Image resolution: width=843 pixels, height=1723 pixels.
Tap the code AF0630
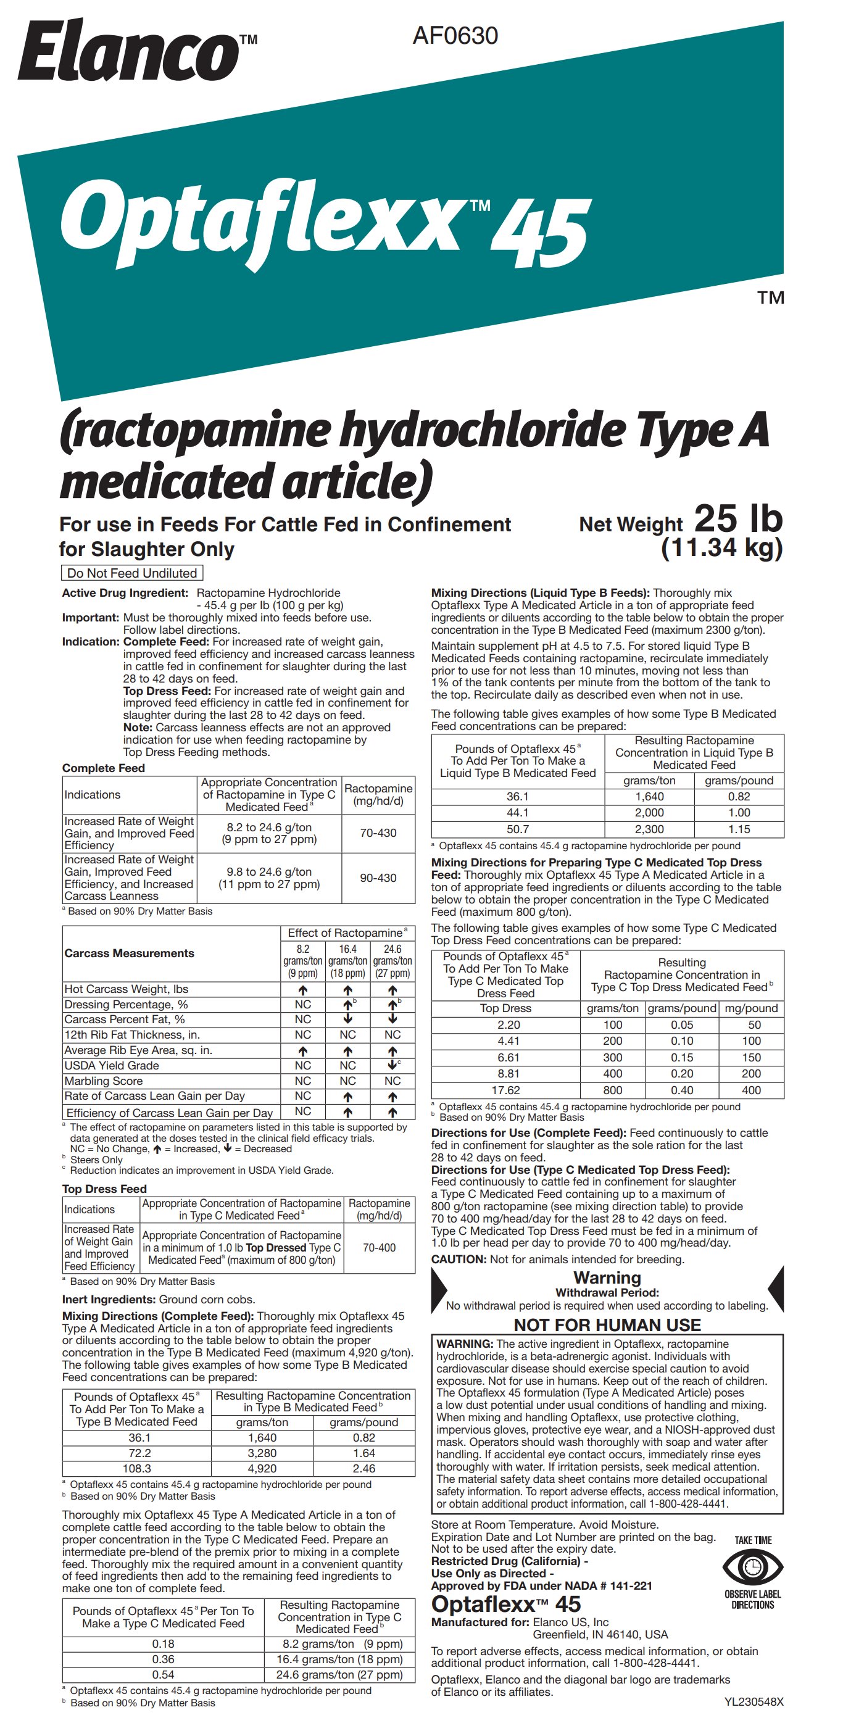[455, 35]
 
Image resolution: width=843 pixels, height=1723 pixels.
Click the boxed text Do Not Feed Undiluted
[132, 573]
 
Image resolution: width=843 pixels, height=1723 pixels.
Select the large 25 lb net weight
[738, 519]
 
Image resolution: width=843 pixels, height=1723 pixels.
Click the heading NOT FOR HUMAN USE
[607, 1325]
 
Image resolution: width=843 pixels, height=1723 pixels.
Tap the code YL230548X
[754, 1702]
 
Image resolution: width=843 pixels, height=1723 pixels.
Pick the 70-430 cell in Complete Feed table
[378, 832]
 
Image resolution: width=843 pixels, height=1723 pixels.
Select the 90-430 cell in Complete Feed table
[378, 878]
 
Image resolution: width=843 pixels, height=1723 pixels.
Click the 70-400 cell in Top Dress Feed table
[379, 1247]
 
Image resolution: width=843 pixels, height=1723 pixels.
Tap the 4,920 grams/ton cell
[262, 1469]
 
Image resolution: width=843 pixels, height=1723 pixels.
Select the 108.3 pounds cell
[136, 1469]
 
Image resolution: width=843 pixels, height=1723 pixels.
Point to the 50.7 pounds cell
[517, 829]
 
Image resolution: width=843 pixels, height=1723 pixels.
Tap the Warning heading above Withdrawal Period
[607, 1278]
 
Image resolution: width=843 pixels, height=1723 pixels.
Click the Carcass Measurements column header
[129, 953]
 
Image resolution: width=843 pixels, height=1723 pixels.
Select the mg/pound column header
[750, 1008]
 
